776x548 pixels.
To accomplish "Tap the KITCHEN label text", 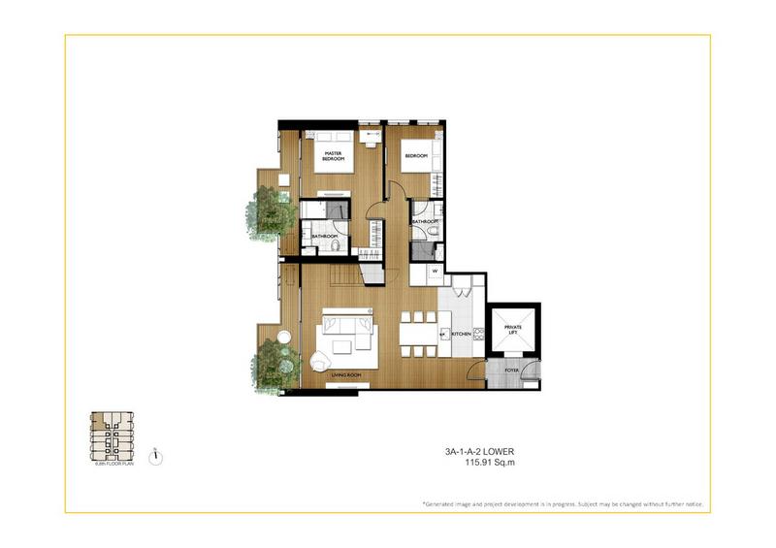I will tap(462, 334).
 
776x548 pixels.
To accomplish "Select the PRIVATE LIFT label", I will tap(513, 332).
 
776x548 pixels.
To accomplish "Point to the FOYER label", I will tap(510, 370).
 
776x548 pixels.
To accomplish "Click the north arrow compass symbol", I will tap(155, 456).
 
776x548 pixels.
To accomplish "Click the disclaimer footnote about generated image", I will tap(563, 505).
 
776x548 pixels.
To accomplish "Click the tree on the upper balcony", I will tap(264, 210).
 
